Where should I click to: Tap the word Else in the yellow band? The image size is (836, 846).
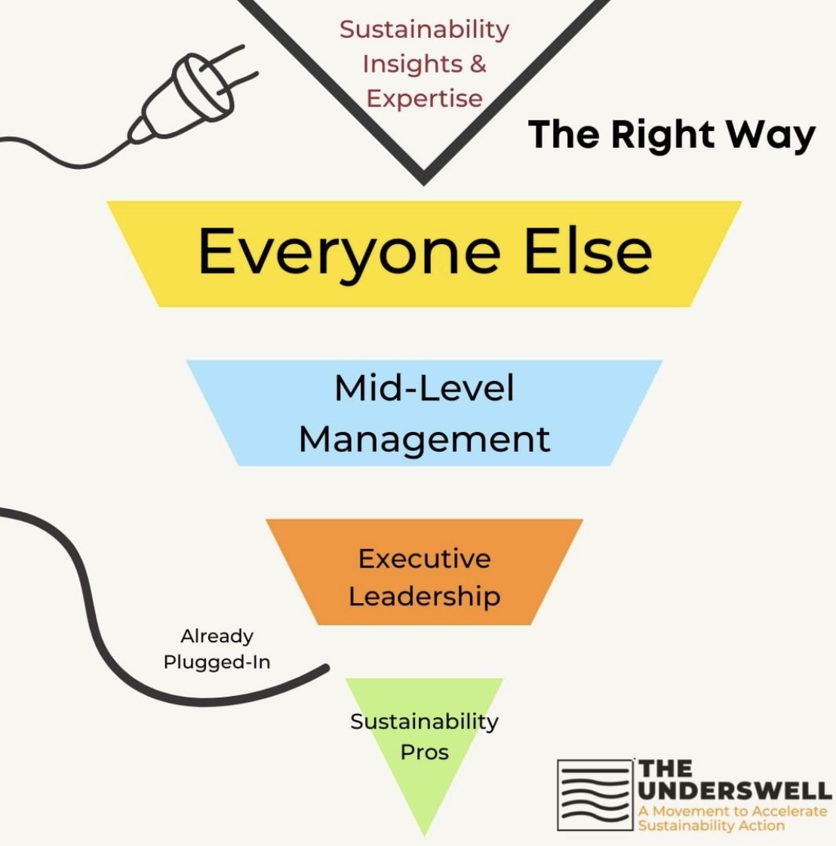tap(588, 252)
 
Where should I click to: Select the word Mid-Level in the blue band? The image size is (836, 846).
tap(424, 389)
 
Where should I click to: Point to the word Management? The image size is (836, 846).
tap(424, 440)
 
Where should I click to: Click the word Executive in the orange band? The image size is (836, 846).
tap(424, 559)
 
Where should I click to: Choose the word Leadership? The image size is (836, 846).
tap(424, 596)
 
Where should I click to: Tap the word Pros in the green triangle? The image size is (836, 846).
tap(424, 753)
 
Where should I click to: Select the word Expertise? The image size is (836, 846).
tap(424, 98)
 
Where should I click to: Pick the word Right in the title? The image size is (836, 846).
tap(662, 136)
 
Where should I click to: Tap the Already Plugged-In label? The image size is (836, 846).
tap(217, 649)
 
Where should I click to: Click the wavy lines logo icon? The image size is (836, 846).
tap(594, 795)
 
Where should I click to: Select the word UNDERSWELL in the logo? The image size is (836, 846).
tap(734, 791)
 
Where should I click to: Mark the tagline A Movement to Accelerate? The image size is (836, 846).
tap(732, 811)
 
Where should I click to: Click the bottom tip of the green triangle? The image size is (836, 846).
tap(424, 833)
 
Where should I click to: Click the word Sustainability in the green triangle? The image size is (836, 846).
tap(424, 722)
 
